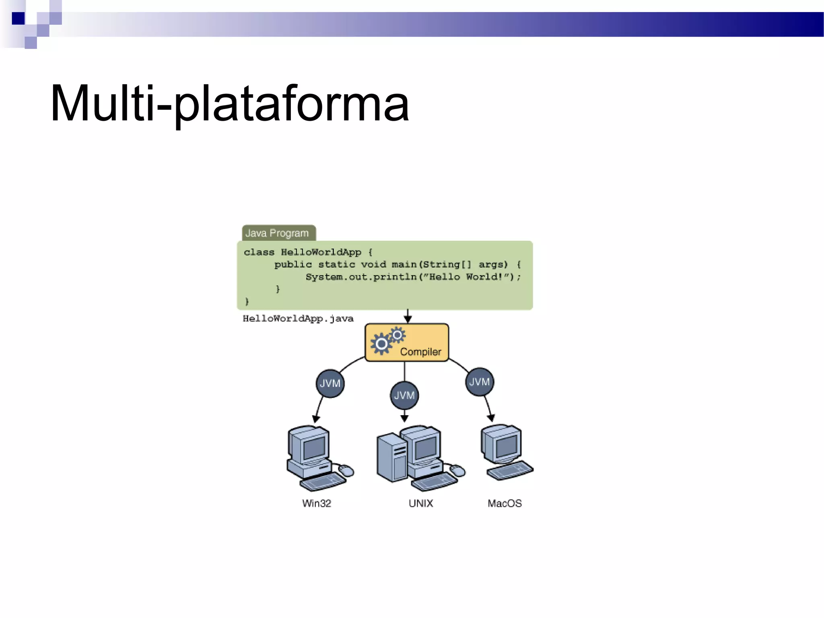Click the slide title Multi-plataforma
point(229,104)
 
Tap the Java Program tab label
point(277,233)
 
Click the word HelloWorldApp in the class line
point(321,252)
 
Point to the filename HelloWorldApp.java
point(298,319)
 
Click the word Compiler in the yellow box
point(420,352)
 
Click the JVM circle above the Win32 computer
point(330,383)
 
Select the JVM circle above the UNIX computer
point(404,396)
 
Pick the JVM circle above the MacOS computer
point(479,382)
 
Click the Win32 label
point(317,503)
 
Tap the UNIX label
point(420,503)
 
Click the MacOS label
point(505,503)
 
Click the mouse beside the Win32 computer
point(346,470)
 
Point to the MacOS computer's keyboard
point(510,471)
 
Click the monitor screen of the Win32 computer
point(314,447)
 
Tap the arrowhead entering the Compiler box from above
point(408,319)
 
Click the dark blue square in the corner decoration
point(18,19)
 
